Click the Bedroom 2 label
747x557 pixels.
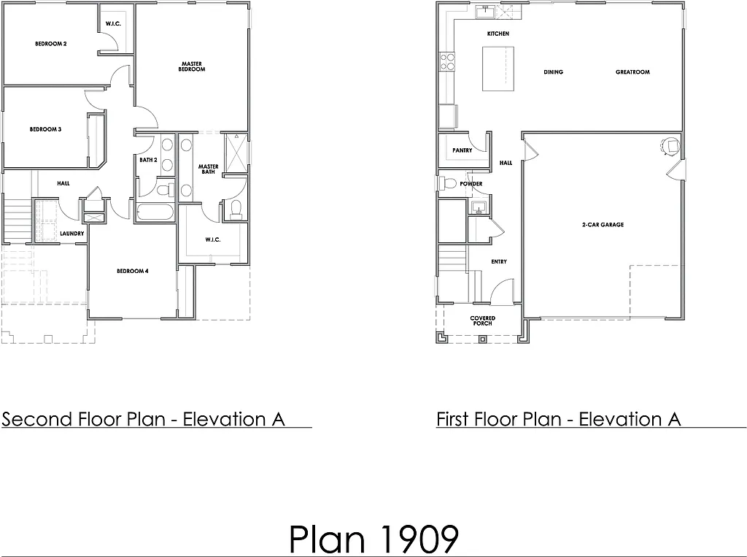click(x=50, y=44)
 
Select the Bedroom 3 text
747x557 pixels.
click(x=45, y=129)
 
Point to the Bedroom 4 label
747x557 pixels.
click(x=132, y=271)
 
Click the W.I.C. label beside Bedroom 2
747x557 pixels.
click(x=113, y=24)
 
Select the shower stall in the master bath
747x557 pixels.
click(x=235, y=153)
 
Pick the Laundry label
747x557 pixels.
click(x=73, y=234)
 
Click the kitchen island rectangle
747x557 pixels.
click(x=498, y=68)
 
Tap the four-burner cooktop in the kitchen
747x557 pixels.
click(x=446, y=62)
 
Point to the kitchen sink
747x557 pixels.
click(x=484, y=12)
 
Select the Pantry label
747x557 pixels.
click(x=462, y=150)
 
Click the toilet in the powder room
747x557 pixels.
click(x=449, y=183)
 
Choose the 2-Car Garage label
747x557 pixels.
click(x=603, y=225)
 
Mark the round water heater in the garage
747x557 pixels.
click(x=669, y=145)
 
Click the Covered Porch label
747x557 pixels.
click(x=482, y=320)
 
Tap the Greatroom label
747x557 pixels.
click(x=632, y=72)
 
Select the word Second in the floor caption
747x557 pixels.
click(x=37, y=419)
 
